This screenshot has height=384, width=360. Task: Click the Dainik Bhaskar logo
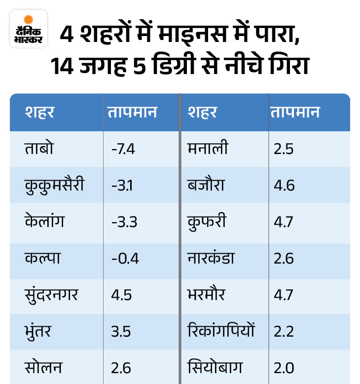[28, 29]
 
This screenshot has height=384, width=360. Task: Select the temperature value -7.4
[123, 148]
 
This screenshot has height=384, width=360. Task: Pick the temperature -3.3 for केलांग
[123, 222]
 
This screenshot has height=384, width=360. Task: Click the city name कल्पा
[43, 258]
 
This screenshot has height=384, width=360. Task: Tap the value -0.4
[125, 258]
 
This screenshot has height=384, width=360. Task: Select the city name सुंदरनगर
[52, 295]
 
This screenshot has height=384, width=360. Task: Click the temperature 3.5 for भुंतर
[121, 331]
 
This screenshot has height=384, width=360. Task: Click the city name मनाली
[208, 148]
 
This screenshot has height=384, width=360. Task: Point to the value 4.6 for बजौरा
[284, 185]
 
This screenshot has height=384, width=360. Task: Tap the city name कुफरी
[207, 222]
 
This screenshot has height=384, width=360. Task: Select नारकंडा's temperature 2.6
[284, 258]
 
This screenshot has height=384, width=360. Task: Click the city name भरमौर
[206, 295]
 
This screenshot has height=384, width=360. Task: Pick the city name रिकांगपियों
[221, 331]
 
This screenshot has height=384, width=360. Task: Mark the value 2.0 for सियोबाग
[284, 368]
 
